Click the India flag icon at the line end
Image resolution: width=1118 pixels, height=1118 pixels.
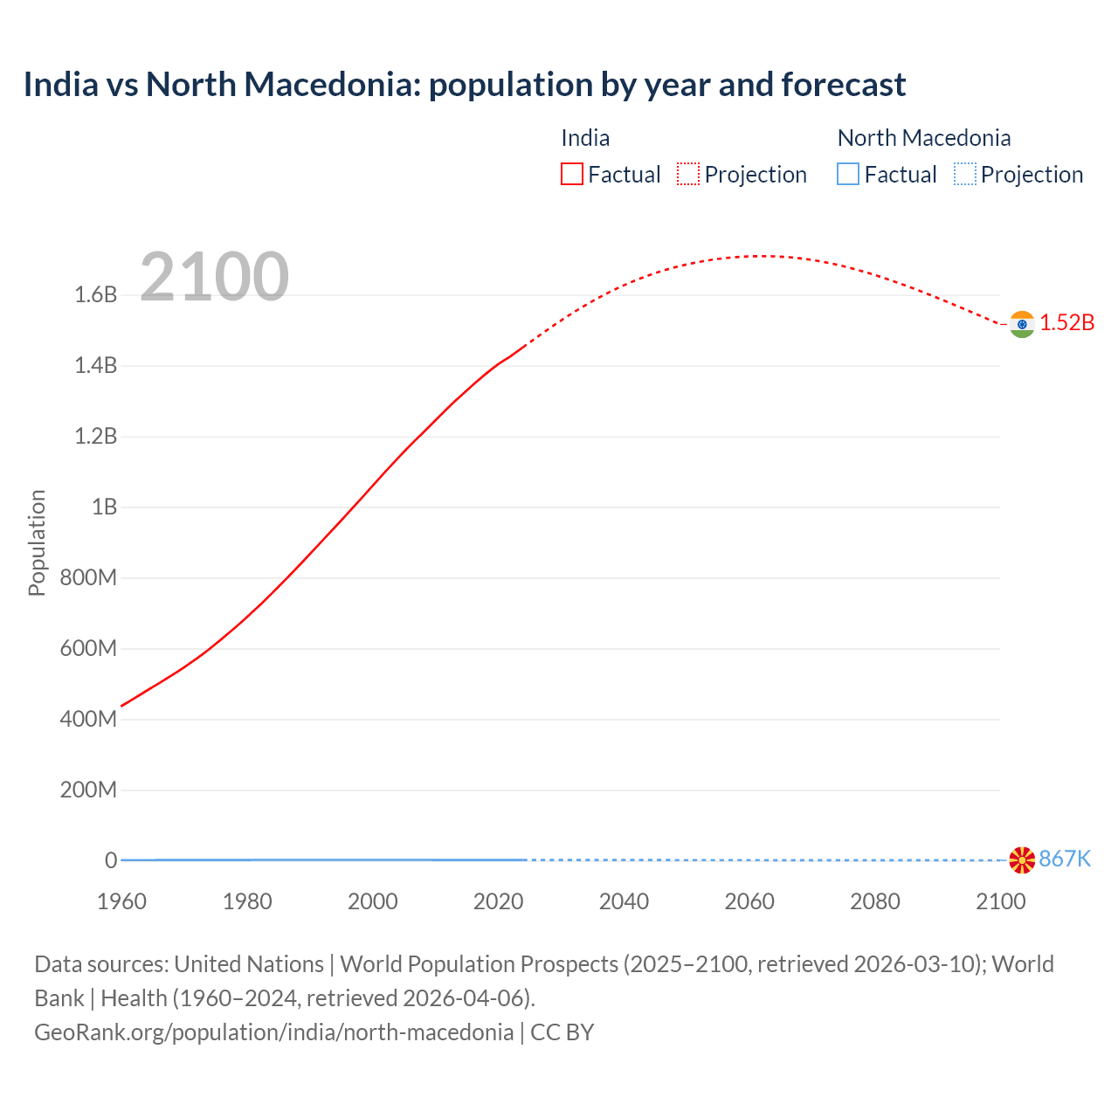[x=1022, y=324]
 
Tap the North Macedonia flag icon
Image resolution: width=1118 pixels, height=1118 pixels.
[x=1022, y=859]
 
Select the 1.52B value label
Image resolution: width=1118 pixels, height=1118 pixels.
[x=1066, y=322]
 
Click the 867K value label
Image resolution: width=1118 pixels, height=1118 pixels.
[x=1065, y=859]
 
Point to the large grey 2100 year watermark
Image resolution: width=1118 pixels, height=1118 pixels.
[x=214, y=277]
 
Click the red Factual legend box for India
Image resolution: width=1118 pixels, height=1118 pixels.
[x=571, y=174]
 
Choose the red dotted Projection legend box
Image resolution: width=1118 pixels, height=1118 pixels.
[x=688, y=174]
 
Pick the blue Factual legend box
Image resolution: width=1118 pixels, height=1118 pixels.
[x=847, y=174]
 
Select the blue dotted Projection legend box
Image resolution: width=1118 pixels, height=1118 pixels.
[x=964, y=174]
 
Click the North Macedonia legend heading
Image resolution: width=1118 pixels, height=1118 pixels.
[x=923, y=138]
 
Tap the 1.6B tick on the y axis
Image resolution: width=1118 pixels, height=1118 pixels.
[x=96, y=294]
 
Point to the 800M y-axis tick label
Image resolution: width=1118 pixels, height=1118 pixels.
[x=88, y=577]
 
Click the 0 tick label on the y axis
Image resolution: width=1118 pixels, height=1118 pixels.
[x=111, y=860]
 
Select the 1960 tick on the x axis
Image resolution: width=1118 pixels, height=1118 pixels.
[x=121, y=901]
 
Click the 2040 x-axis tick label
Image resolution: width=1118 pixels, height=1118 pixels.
[x=624, y=901]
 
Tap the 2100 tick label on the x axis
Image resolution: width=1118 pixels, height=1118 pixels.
[x=1000, y=901]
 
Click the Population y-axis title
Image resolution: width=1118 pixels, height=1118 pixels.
[x=37, y=542]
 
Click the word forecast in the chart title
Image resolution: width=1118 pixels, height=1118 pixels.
[x=844, y=85]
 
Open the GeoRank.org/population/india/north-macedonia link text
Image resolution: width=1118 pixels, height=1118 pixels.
[x=273, y=1032]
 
